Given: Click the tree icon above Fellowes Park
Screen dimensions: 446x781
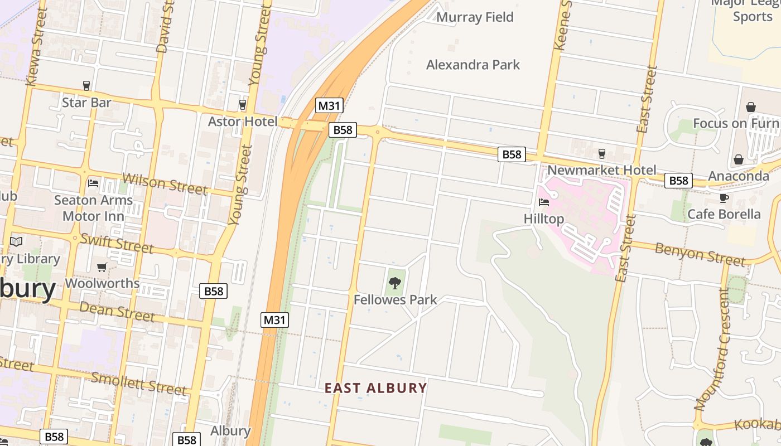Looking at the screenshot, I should coord(395,283).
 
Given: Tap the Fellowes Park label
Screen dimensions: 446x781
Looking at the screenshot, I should coord(395,300).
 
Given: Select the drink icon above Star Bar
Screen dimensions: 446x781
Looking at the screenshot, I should coord(86,85).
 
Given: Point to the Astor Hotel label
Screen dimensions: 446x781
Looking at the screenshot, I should coord(242,122).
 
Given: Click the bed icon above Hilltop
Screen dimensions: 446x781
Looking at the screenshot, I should coord(544,202).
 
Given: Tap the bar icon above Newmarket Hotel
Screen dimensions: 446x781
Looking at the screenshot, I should coord(601,153).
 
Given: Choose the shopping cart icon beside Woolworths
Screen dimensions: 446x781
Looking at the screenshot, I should coord(102,268).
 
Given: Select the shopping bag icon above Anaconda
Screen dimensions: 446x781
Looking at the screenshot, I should coord(739,159).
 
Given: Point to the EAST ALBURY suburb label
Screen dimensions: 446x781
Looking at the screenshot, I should coord(376,388).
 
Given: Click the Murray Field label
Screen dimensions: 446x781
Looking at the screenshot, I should coord(475,17).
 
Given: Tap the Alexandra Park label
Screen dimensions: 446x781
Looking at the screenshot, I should coord(473,65).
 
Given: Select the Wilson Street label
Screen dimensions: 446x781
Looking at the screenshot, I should coord(164,183).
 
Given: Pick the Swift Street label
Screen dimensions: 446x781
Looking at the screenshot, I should coord(117,243).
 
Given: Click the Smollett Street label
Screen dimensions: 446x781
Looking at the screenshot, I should coord(138,383).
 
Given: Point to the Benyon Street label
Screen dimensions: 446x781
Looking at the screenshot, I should coord(700,254).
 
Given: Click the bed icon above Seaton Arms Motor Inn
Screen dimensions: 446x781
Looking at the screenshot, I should coord(93,183).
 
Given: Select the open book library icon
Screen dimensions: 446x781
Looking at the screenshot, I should coord(16,242).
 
